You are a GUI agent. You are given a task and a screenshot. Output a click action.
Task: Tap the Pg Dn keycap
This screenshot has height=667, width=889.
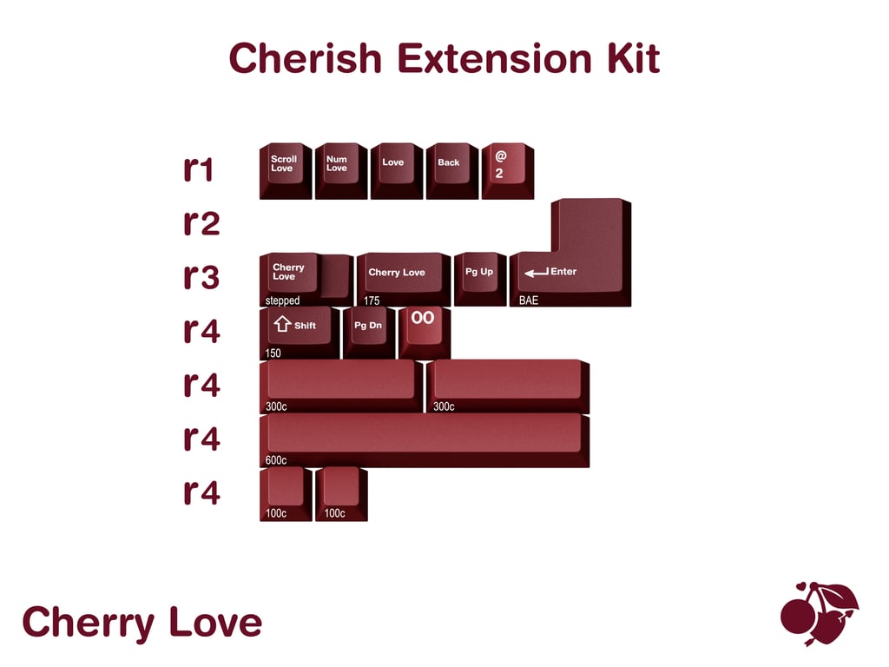pos(368,330)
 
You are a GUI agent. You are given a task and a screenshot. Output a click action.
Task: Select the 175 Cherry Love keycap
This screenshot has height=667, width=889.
pos(403,276)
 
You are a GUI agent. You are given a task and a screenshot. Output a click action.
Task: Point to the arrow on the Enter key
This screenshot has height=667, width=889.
pos(536,273)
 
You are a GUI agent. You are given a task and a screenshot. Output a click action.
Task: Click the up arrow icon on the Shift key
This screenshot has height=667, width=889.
pos(281,325)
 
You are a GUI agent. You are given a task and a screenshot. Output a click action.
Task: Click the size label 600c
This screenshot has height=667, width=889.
pos(276,460)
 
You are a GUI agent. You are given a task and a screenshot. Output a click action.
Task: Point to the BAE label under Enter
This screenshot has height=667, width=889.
pos(528,300)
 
